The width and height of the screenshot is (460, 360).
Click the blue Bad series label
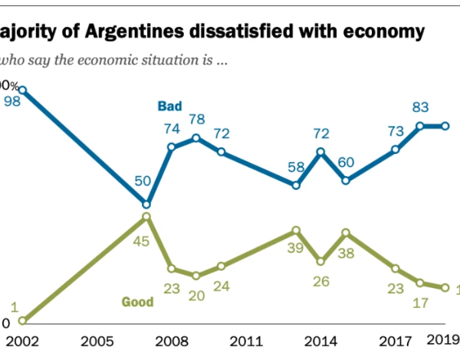170,105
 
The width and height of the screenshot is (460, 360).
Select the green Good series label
138,302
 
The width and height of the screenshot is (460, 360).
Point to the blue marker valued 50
146,204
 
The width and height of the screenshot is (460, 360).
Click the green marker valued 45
146,218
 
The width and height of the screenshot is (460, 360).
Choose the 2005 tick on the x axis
93,342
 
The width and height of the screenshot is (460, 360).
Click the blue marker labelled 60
346,181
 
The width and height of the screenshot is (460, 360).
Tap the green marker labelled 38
346,232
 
